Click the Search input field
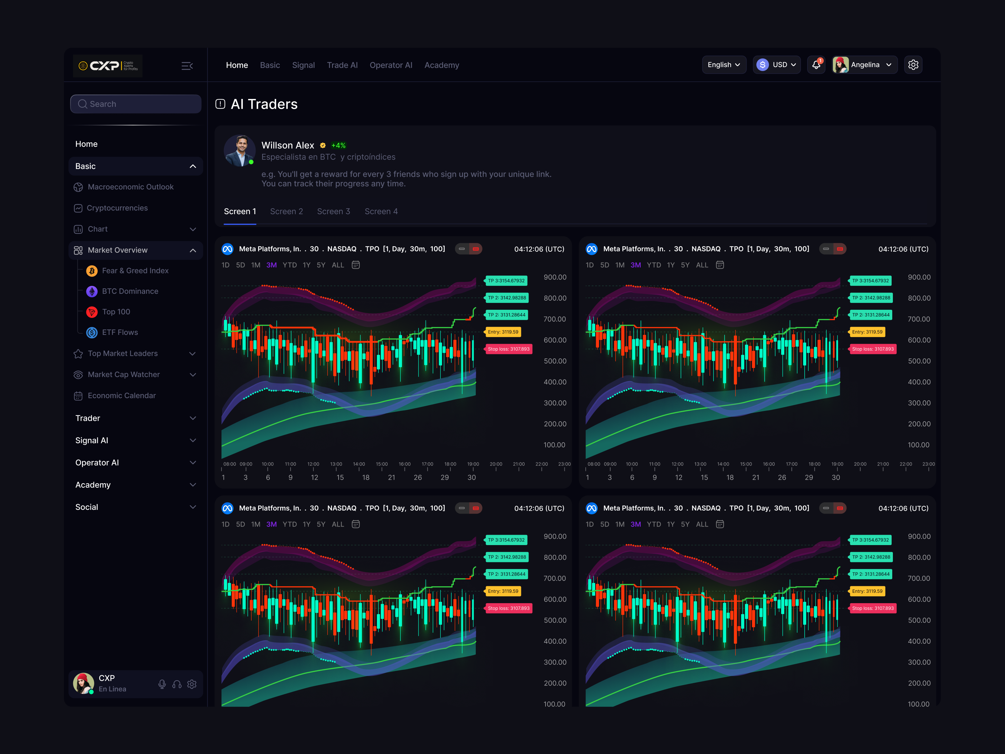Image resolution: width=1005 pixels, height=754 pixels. tap(135, 104)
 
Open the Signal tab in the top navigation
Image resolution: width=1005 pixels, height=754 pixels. tap(303, 65)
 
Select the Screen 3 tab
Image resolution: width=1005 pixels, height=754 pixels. tap(334, 211)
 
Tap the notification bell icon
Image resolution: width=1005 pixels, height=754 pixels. tap(816, 64)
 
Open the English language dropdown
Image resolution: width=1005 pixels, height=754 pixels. tap(723, 64)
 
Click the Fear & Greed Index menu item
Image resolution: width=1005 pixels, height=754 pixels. tap(135, 270)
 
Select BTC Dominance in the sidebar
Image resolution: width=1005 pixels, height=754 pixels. tap(130, 291)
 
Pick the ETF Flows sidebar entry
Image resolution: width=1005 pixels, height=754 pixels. tap(120, 332)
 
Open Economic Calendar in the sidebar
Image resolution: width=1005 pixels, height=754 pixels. tap(121, 396)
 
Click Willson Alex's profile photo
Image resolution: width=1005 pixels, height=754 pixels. tap(239, 151)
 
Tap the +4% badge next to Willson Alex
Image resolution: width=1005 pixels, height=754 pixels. tap(339, 145)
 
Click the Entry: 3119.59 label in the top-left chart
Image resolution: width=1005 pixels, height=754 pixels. tap(503, 332)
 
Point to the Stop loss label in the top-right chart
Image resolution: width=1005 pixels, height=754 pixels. tap(872, 349)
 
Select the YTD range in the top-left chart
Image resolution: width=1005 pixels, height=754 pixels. tap(290, 265)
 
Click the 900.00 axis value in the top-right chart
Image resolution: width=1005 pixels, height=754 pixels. tap(919, 277)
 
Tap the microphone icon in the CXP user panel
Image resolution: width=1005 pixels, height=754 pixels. tap(162, 684)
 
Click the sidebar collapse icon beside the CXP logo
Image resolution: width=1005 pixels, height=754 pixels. tap(187, 66)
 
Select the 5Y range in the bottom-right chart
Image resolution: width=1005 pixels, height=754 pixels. tap(685, 524)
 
